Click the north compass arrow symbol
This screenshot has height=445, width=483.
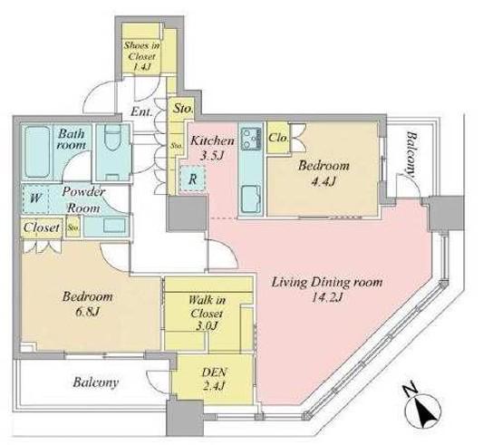click(423, 406)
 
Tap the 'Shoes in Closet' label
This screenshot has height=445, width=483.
click(141, 56)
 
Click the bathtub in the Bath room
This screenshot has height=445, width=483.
click(37, 152)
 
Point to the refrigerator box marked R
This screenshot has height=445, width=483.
click(192, 179)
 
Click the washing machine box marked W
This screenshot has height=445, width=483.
click(35, 198)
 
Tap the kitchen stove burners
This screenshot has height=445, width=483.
click(251, 139)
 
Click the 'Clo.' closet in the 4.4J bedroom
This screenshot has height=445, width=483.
click(277, 138)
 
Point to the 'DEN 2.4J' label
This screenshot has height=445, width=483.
click(214, 379)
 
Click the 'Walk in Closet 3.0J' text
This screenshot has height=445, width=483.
click(207, 313)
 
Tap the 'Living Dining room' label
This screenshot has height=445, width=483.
click(327, 282)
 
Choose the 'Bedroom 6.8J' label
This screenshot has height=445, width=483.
click(88, 305)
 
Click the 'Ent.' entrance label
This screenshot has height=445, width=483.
click(141, 111)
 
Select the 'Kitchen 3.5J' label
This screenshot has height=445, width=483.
click(212, 149)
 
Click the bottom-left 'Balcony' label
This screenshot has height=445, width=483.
click(95, 382)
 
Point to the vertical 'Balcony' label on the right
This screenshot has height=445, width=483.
click(410, 155)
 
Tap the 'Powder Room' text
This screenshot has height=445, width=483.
click(83, 199)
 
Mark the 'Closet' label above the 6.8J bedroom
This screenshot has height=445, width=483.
click(42, 228)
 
